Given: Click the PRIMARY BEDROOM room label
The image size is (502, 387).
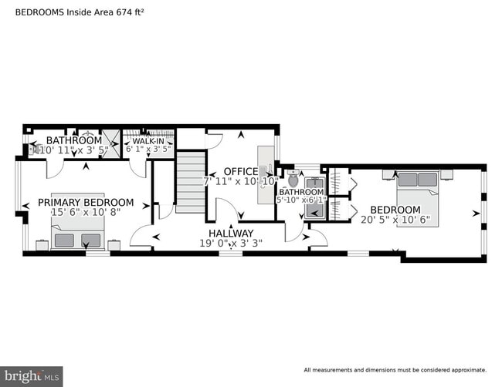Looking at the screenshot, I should [x=86, y=203].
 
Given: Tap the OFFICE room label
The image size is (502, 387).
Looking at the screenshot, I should [x=241, y=171].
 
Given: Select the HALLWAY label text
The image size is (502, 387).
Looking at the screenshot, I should [x=230, y=233].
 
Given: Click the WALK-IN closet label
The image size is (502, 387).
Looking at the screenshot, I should [x=148, y=141].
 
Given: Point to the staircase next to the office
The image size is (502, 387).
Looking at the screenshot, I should [x=190, y=182].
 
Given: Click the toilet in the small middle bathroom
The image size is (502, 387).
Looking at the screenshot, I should [x=293, y=181].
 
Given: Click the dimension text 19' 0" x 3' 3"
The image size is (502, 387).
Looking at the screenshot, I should [x=230, y=243].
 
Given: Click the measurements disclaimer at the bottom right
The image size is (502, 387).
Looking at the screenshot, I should [x=395, y=369].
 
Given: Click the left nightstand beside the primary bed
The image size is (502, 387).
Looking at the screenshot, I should [x=42, y=244].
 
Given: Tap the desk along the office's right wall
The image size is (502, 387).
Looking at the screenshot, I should [x=266, y=167].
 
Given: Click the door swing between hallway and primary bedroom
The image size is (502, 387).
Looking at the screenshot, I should [x=141, y=236].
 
